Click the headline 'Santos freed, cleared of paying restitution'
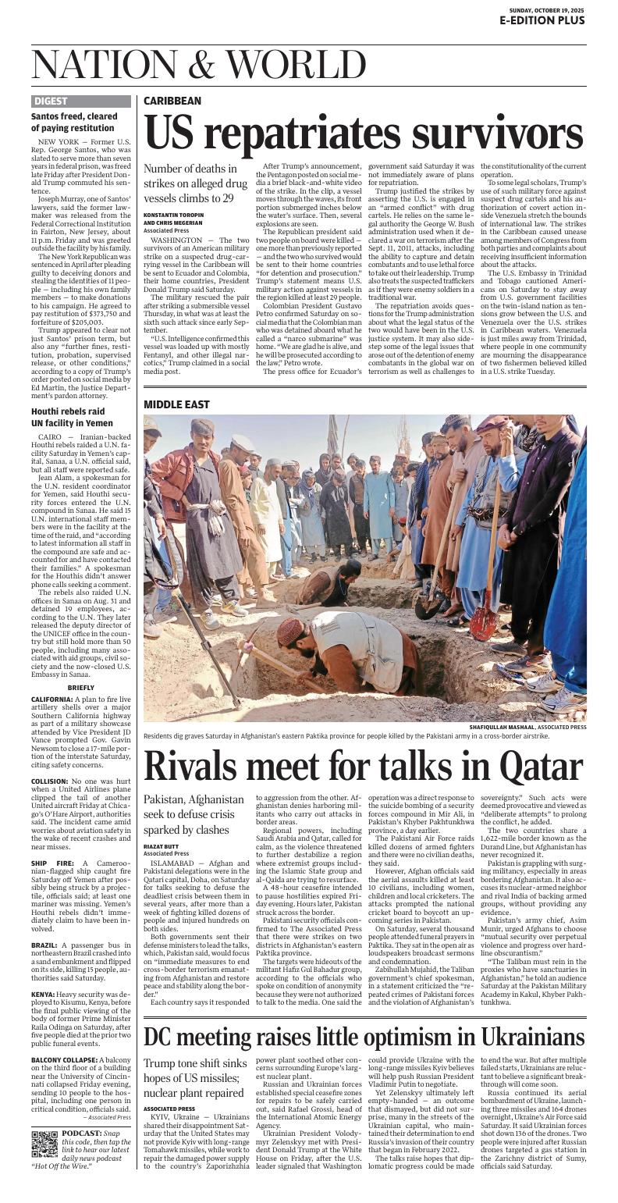74,122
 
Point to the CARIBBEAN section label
172,101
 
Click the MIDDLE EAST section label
176,404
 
